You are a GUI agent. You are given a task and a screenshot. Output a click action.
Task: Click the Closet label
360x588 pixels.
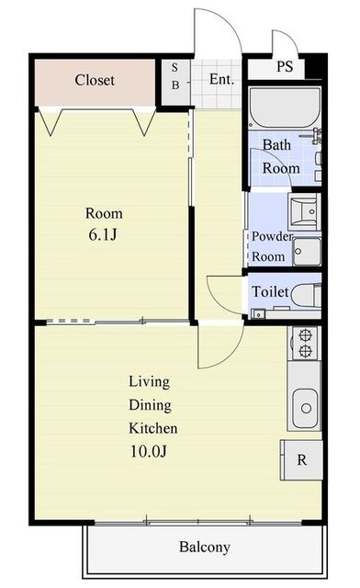95,80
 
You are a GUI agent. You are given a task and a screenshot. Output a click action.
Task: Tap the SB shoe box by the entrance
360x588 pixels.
175,82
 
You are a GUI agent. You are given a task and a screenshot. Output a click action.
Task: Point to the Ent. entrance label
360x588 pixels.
221,79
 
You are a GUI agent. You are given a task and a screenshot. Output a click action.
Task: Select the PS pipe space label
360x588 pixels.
285,66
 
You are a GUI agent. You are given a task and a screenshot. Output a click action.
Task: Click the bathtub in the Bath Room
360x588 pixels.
285,108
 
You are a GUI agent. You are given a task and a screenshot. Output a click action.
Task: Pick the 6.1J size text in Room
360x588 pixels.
103,235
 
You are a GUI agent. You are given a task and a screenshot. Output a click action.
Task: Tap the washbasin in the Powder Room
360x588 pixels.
304,212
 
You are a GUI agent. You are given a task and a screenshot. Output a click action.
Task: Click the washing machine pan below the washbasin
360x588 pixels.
307,252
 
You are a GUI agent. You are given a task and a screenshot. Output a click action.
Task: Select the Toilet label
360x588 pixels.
270,292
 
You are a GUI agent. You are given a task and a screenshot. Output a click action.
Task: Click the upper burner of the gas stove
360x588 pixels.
306,334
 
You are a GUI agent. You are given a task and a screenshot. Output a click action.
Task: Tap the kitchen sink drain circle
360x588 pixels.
306,408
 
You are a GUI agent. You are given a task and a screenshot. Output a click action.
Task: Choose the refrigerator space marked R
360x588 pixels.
301,459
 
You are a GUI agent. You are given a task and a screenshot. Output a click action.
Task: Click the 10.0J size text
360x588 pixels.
148,451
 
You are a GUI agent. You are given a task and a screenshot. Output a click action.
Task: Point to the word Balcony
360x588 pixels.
205,548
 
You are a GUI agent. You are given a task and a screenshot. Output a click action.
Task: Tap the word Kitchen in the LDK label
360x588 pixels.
153,428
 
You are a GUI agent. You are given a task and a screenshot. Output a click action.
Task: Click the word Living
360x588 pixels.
150,381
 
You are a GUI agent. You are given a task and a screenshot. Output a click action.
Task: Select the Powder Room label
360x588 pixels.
272,246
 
